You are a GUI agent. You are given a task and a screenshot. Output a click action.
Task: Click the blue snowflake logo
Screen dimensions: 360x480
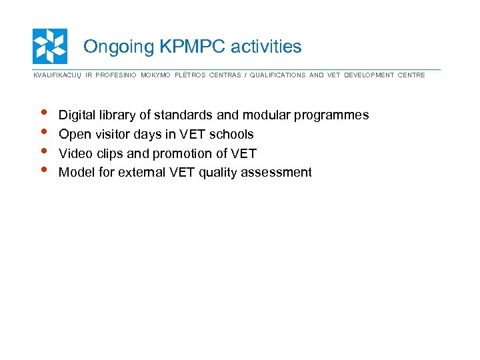[50, 46]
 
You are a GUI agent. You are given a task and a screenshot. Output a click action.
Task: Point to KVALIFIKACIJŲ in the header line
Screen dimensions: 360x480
[57, 75]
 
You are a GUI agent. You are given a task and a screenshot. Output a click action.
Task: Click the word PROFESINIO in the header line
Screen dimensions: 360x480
[115, 75]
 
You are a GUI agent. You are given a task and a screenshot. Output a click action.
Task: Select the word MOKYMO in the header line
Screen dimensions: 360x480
[155, 75]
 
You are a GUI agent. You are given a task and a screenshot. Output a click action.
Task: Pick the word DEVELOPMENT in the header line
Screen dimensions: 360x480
[369, 75]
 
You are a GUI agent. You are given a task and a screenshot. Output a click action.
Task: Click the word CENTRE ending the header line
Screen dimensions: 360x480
[411, 75]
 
